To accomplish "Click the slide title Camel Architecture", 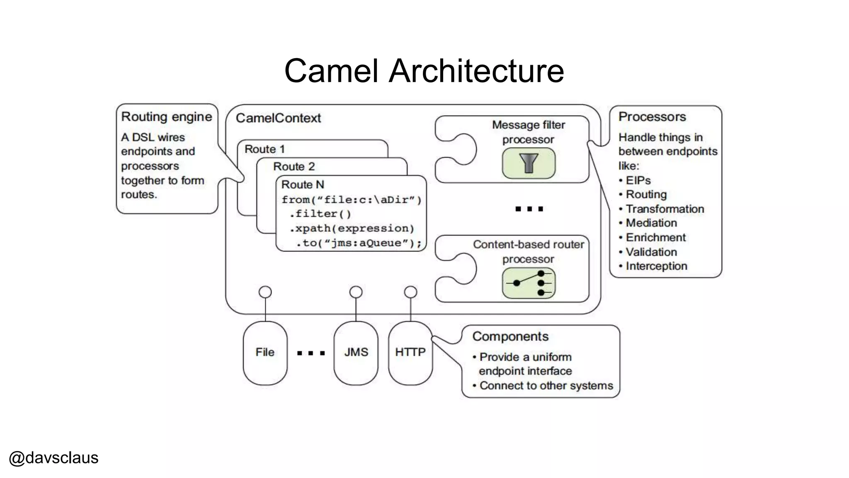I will click(x=424, y=71).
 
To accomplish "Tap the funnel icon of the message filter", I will click(x=529, y=163).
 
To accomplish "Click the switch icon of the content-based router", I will click(x=529, y=283).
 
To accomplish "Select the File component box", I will click(x=265, y=353).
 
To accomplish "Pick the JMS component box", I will click(x=356, y=353).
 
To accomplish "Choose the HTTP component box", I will click(x=410, y=353).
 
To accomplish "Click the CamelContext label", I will click(x=278, y=118).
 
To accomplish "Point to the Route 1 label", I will click(x=264, y=149).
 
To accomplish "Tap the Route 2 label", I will click(x=294, y=167).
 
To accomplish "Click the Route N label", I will click(x=303, y=185).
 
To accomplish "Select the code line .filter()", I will click(x=320, y=214).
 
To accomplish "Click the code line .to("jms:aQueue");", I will click(x=359, y=243).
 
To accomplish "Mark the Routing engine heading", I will click(x=166, y=117).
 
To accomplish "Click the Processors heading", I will click(x=652, y=117).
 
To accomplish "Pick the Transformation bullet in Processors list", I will click(x=665, y=209).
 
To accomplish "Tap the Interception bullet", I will click(x=656, y=266).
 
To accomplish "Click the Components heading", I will click(x=510, y=337).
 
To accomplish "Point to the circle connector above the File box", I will click(x=265, y=292).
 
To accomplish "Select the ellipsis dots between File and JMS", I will click(x=310, y=354).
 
